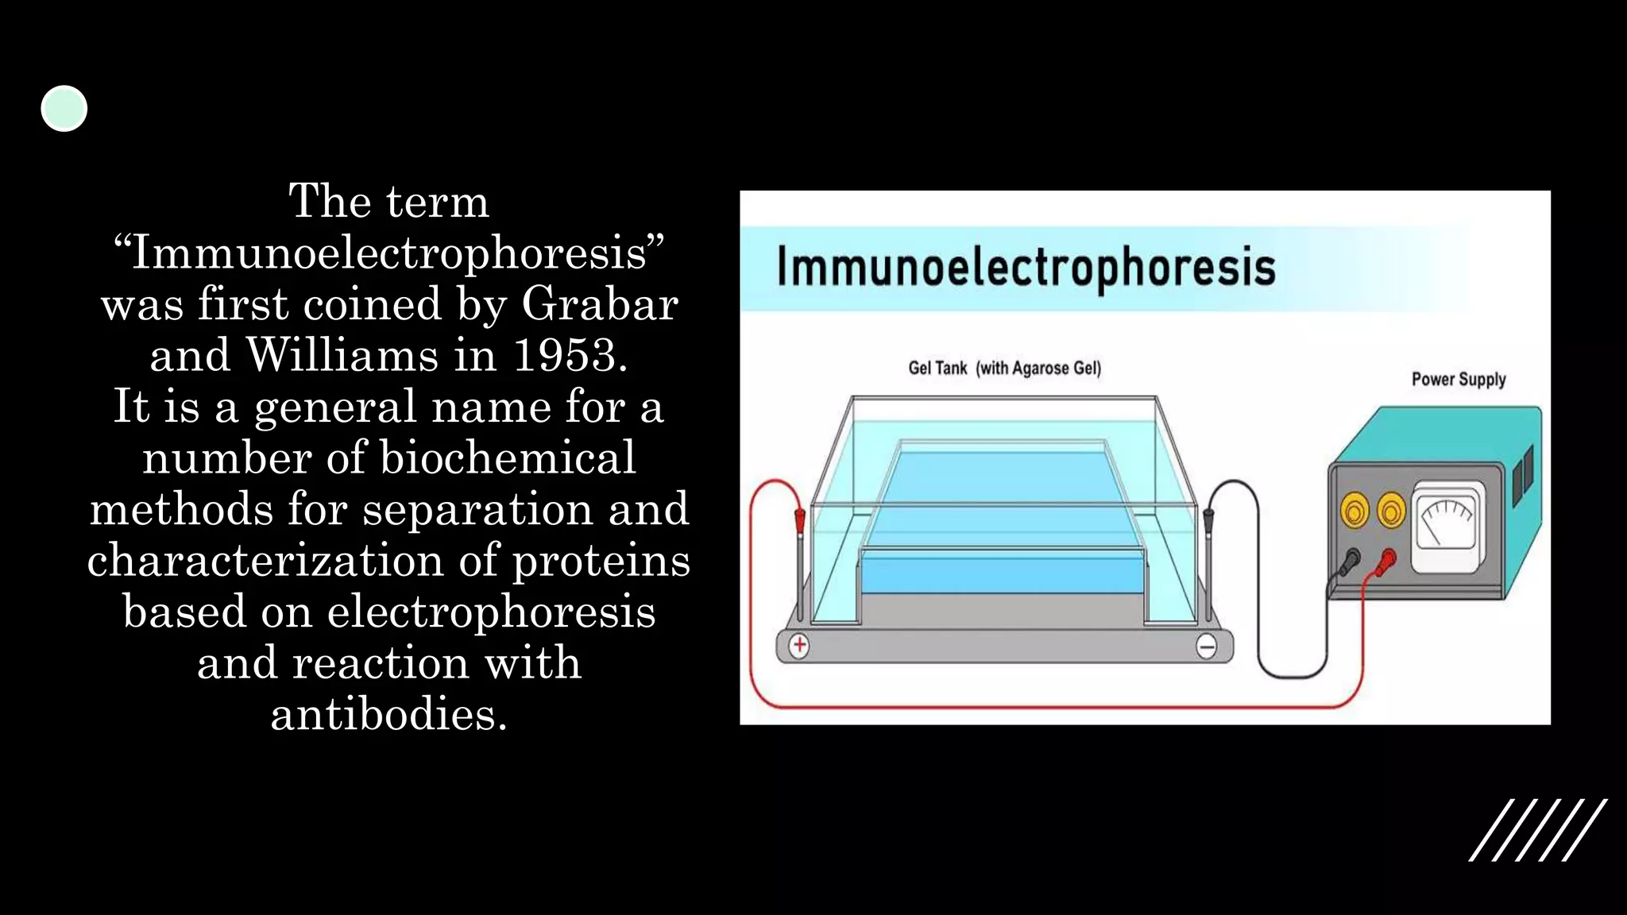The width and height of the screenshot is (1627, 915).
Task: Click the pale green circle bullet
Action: point(64,109)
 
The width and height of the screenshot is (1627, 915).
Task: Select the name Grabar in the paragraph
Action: point(600,303)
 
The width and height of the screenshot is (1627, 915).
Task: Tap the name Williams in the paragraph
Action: point(342,355)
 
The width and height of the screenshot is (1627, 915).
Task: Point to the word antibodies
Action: point(388,714)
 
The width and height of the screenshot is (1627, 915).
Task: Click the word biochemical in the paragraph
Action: point(508,457)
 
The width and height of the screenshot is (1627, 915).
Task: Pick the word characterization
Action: point(265,560)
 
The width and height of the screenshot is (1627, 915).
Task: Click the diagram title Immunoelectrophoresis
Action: point(1026,267)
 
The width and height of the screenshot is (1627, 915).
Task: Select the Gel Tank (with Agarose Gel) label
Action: point(1004,369)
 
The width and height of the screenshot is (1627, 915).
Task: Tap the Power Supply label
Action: point(1459,380)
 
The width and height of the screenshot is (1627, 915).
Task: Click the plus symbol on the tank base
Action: point(799,646)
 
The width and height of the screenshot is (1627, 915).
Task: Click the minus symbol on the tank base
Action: point(1206,647)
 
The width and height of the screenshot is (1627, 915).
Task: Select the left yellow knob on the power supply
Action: point(1355,511)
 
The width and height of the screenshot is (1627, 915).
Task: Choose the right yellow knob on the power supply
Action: point(1391,511)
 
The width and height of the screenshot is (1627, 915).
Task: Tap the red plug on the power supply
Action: point(1387,561)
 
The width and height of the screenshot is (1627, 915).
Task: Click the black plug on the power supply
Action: point(1350,562)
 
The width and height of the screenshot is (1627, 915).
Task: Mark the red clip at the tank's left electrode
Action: point(800,521)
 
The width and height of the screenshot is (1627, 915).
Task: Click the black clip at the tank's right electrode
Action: point(1208,521)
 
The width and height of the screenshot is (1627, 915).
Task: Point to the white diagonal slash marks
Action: point(1538,830)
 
